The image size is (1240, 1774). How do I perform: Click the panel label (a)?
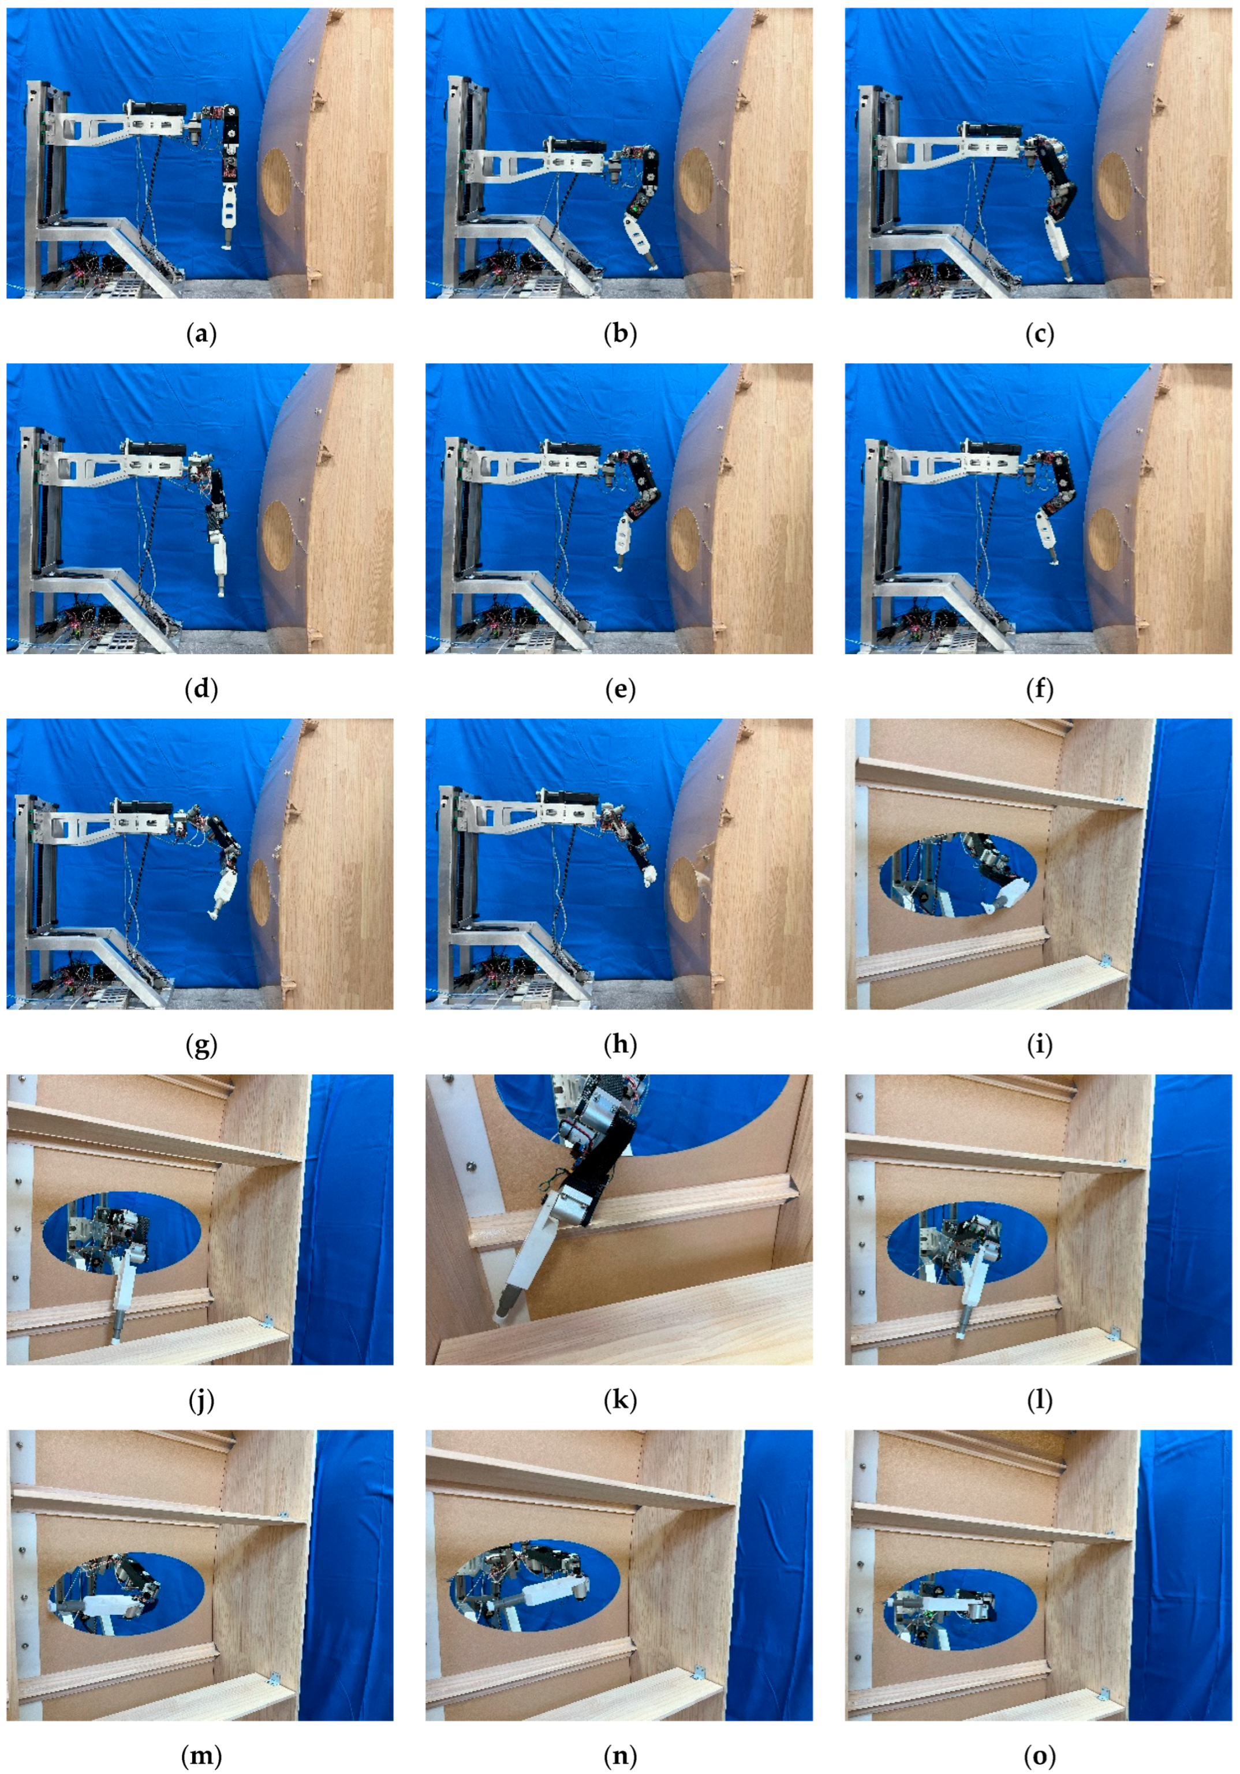(201, 334)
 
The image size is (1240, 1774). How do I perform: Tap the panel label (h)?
(620, 1045)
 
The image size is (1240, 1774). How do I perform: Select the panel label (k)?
(620, 1400)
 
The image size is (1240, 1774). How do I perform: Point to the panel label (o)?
(1039, 1756)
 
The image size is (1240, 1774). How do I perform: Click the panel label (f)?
(1039, 689)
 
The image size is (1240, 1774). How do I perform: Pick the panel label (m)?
(201, 1756)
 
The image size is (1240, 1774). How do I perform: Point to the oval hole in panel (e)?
(685, 538)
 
